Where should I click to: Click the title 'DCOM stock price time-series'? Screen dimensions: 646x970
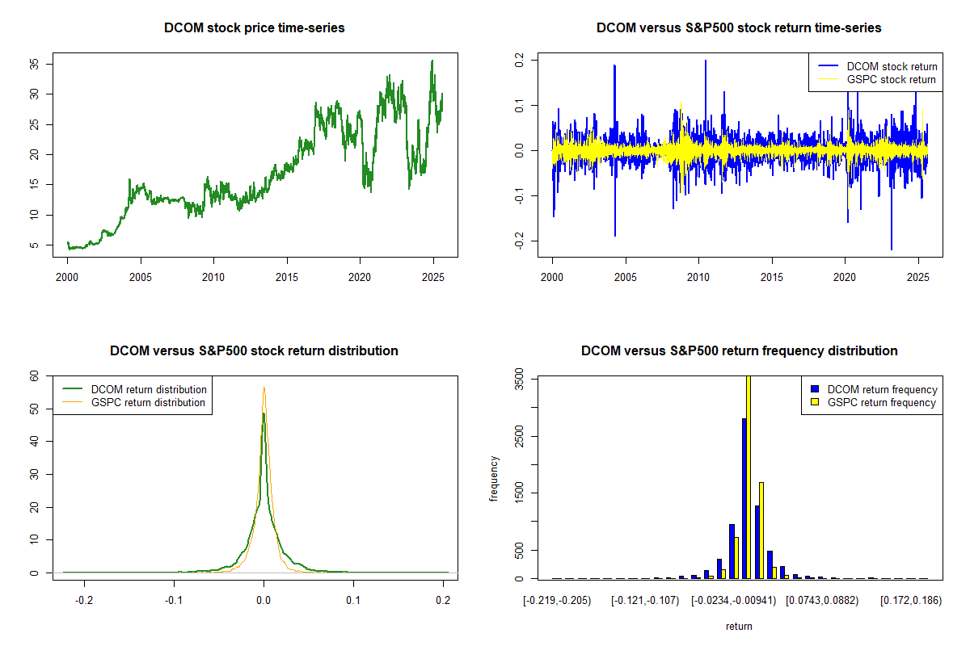254,28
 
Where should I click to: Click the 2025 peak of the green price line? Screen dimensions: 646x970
432,61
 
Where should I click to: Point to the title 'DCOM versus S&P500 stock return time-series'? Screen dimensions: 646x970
739,28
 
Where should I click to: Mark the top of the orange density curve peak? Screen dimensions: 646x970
264,387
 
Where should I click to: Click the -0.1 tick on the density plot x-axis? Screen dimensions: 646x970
173,601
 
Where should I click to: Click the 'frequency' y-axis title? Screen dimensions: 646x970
494,479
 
